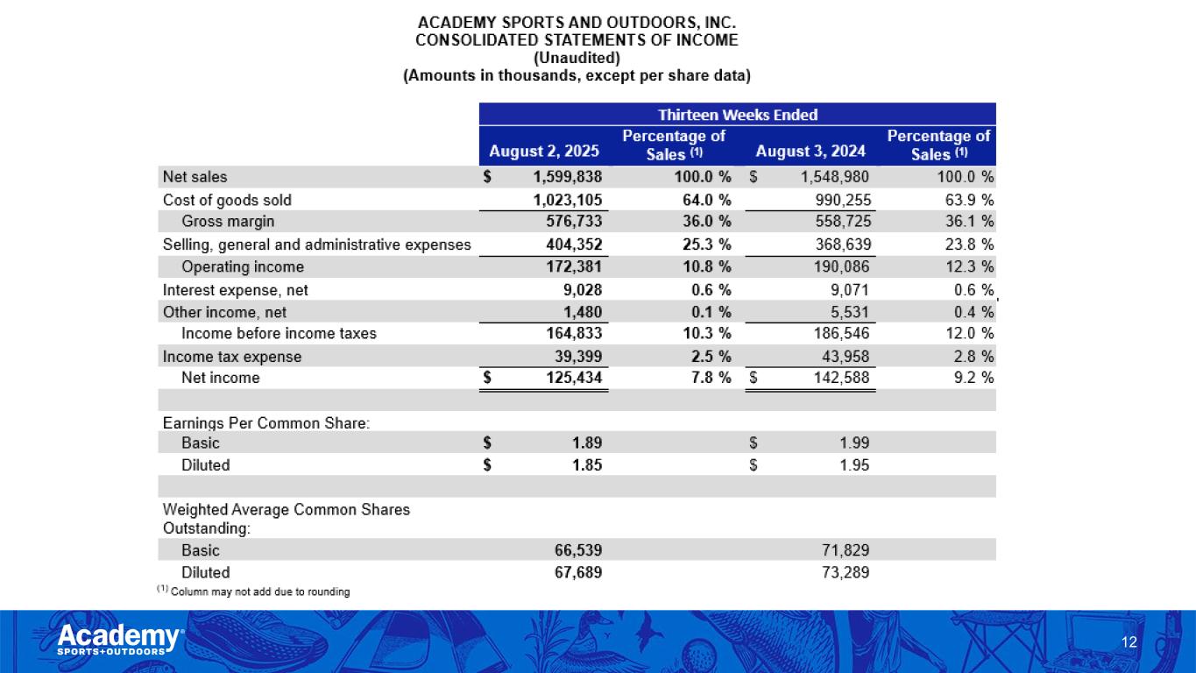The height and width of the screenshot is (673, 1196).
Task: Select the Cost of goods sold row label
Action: pos(227,200)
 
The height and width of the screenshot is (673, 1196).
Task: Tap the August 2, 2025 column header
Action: pos(543,152)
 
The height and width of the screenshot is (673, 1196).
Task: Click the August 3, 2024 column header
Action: pos(810,152)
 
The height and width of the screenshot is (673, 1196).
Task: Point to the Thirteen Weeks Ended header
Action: pos(737,115)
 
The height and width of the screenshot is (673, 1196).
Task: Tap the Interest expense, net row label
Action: pos(235,289)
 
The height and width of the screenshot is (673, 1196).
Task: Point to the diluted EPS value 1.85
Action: pos(586,465)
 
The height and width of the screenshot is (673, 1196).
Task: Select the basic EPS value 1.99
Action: pos(853,443)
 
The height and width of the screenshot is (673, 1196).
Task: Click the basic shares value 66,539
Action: pos(577,550)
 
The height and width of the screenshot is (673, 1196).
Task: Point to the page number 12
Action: pos(1129,643)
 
